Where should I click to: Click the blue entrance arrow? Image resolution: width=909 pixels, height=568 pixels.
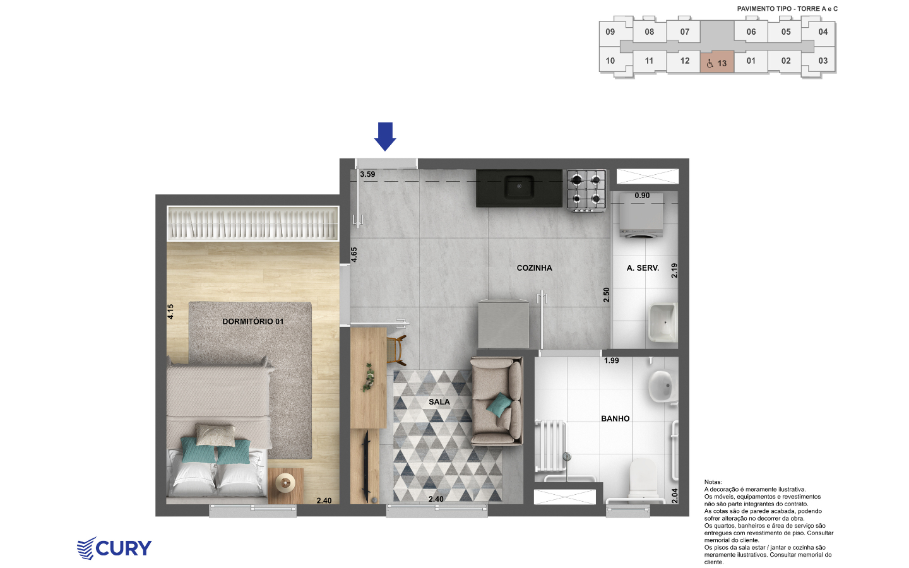tap(385, 136)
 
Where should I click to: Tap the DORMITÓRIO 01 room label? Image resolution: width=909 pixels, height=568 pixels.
tap(252, 321)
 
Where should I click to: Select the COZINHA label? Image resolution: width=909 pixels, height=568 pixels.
tap(534, 268)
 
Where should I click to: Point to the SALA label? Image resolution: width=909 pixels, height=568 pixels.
tap(439, 401)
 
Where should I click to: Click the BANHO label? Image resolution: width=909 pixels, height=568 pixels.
tap(615, 418)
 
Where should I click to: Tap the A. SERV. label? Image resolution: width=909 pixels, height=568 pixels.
tap(643, 268)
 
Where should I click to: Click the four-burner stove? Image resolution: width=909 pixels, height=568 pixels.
tap(587, 191)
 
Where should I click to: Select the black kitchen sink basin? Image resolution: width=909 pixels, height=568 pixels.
tap(519, 187)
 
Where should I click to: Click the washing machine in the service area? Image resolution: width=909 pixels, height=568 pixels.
tap(641, 216)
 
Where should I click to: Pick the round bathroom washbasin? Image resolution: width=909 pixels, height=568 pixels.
tap(662, 386)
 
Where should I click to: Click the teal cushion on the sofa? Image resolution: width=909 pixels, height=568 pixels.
tap(499, 405)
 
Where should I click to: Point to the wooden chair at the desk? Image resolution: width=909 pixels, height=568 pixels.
tap(396, 350)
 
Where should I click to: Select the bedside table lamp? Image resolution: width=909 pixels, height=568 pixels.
tap(285, 482)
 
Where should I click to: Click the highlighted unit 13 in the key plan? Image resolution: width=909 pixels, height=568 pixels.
tap(716, 62)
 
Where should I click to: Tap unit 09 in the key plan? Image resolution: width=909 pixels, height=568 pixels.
tap(610, 32)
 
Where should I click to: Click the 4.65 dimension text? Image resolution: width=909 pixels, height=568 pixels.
tap(354, 254)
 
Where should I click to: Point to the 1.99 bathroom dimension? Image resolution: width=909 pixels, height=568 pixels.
tap(611, 360)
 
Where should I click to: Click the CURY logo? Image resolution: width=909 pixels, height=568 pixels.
tap(114, 548)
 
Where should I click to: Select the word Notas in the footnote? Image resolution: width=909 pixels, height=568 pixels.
tap(713, 482)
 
